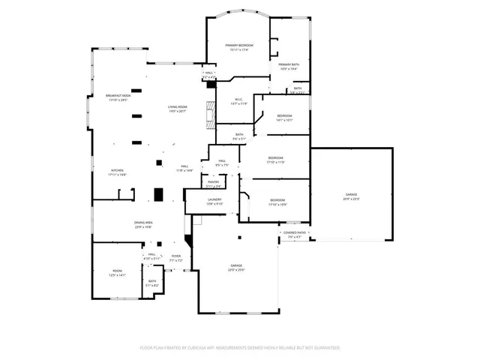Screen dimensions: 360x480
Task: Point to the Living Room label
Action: click(177, 109)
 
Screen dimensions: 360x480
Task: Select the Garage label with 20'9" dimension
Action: click(351, 197)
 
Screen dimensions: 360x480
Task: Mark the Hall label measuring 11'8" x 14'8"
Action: click(184, 168)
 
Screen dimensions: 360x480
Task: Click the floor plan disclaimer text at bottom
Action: click(240, 348)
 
